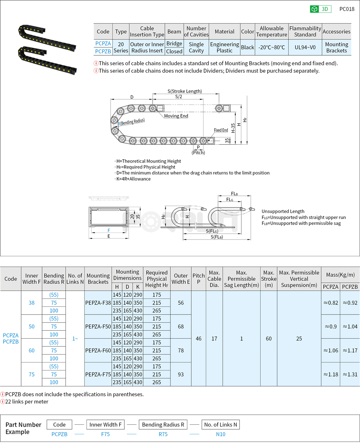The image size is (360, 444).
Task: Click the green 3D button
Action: coord(321,9)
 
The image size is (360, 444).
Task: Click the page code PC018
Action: coord(347,9)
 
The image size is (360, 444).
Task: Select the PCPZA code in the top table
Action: coord(103,44)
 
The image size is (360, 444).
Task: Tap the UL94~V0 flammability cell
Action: coord(305,47)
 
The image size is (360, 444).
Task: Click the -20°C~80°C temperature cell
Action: coord(271,47)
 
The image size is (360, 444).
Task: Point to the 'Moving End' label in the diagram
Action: coord(176,116)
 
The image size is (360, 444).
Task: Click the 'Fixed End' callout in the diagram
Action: coord(221,130)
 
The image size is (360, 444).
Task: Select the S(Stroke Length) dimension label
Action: coord(185,91)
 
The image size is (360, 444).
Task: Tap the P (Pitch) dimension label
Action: coord(198,150)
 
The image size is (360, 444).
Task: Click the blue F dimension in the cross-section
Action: coord(109,230)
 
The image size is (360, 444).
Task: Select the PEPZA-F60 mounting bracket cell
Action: coord(98,350)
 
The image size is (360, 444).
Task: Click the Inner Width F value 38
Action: coord(31,303)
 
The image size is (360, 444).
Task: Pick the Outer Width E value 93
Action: coord(181,374)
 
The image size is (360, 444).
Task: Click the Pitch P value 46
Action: coord(199,338)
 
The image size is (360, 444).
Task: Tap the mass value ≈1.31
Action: coord(349,374)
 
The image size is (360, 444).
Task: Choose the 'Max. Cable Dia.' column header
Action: coord(214,279)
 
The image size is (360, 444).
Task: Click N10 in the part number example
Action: coord(221,434)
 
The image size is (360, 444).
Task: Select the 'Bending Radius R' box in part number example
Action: coord(163,425)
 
